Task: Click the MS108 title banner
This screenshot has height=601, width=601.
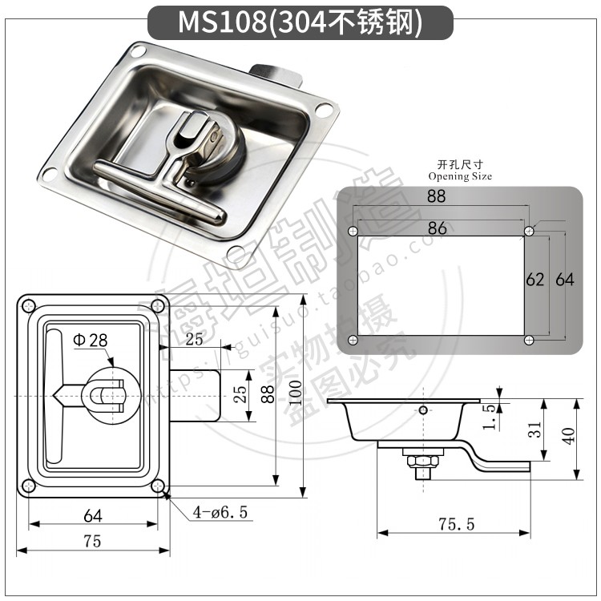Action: (x=300, y=22)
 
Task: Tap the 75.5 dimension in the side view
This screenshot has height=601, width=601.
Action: (x=457, y=524)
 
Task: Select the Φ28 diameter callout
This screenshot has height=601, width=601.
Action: (x=90, y=340)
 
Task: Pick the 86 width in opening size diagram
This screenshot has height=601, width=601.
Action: (x=437, y=228)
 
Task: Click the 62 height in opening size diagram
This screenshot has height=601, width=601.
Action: (x=534, y=280)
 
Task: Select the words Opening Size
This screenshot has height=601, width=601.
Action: (x=460, y=176)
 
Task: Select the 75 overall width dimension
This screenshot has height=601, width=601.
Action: (x=92, y=542)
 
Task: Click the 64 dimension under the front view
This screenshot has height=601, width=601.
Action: (x=92, y=514)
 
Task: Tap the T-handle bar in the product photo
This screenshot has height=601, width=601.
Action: (x=160, y=189)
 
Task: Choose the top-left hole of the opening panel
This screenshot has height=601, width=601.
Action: (x=353, y=231)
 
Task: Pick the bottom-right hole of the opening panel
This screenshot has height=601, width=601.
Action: (x=529, y=341)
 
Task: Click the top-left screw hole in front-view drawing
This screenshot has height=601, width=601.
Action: (x=29, y=305)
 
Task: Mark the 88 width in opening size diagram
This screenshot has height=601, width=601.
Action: (x=437, y=196)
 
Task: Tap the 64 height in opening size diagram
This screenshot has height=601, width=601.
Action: (x=564, y=280)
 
